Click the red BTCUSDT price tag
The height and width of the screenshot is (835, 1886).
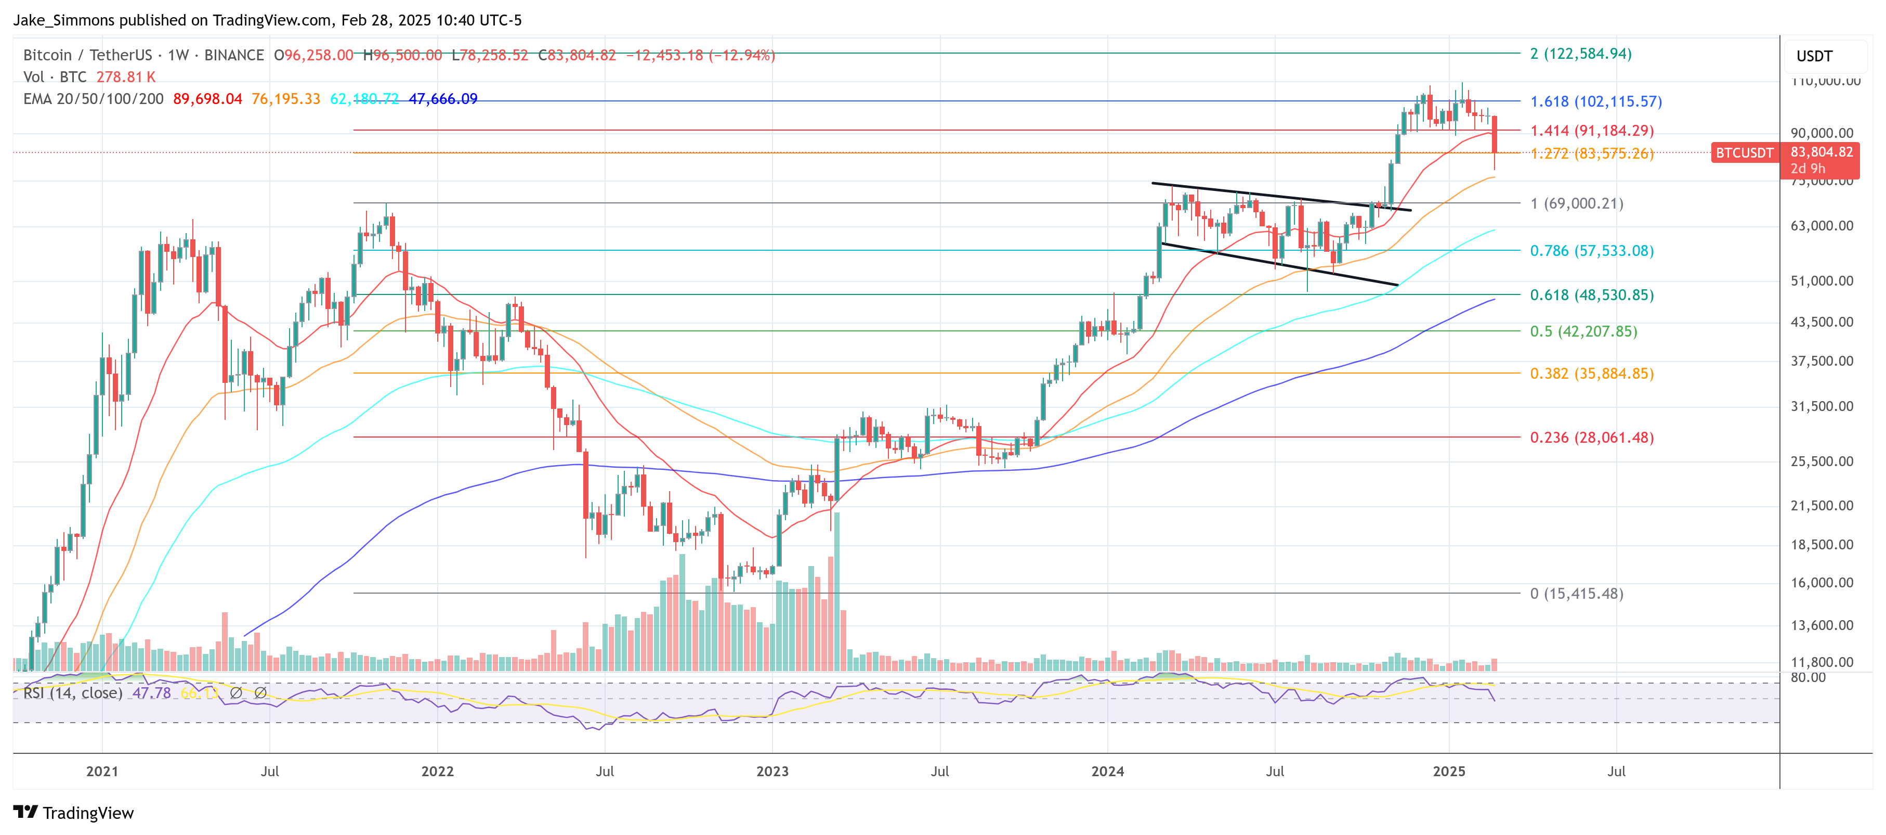[1744, 152]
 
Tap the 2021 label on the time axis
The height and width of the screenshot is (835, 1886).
[102, 772]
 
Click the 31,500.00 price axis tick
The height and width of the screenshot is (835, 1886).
[1822, 406]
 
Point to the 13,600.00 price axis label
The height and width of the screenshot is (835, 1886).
[1822, 625]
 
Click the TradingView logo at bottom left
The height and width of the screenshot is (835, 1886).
[73, 813]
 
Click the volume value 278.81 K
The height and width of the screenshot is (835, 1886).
[125, 77]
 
